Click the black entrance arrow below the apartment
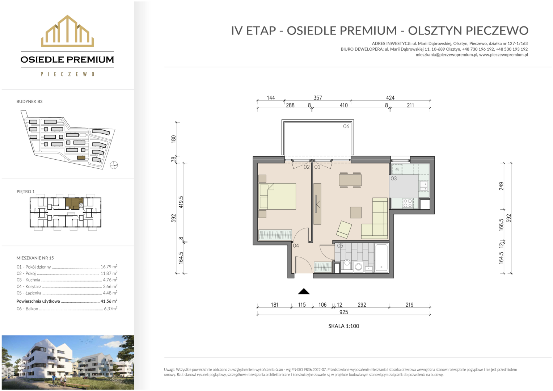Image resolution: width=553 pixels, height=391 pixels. (x=304, y=291)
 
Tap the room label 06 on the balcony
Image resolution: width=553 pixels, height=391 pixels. (x=346, y=126)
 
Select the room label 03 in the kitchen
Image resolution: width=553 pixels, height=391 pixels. (x=393, y=178)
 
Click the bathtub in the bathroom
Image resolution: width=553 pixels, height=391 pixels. (x=381, y=258)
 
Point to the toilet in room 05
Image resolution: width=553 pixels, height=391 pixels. (x=347, y=265)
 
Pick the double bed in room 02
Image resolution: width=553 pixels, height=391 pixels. (x=278, y=196)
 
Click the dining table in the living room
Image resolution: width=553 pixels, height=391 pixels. (x=350, y=180)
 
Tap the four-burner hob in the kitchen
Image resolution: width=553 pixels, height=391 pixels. (x=408, y=203)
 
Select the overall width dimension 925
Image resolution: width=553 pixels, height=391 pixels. (x=344, y=312)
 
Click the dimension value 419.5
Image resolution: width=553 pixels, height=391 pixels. (x=181, y=202)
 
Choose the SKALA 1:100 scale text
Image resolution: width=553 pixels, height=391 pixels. (x=344, y=326)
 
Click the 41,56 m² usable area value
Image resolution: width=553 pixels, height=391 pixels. (x=109, y=301)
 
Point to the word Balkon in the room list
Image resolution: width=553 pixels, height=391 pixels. (x=32, y=309)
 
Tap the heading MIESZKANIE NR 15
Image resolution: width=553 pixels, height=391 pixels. (x=35, y=258)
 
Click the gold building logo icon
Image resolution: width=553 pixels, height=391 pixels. (x=67, y=31)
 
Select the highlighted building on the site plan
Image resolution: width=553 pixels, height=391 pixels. (x=81, y=157)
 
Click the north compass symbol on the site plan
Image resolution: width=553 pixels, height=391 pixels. (x=114, y=165)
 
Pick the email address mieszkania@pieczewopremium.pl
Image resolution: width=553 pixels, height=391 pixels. (x=446, y=55)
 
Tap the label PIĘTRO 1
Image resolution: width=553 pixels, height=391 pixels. (x=26, y=192)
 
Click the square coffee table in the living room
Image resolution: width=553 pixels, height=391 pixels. (x=356, y=213)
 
